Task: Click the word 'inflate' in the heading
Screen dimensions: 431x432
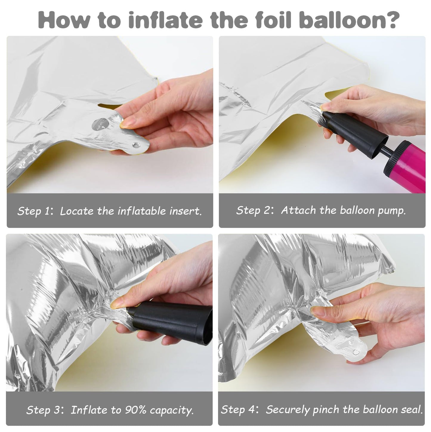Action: coord(166,20)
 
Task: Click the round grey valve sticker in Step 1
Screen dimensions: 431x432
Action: coord(101,124)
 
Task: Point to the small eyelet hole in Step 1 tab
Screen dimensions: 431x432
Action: coord(136,145)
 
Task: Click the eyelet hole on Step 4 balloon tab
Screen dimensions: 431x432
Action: coord(356,352)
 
